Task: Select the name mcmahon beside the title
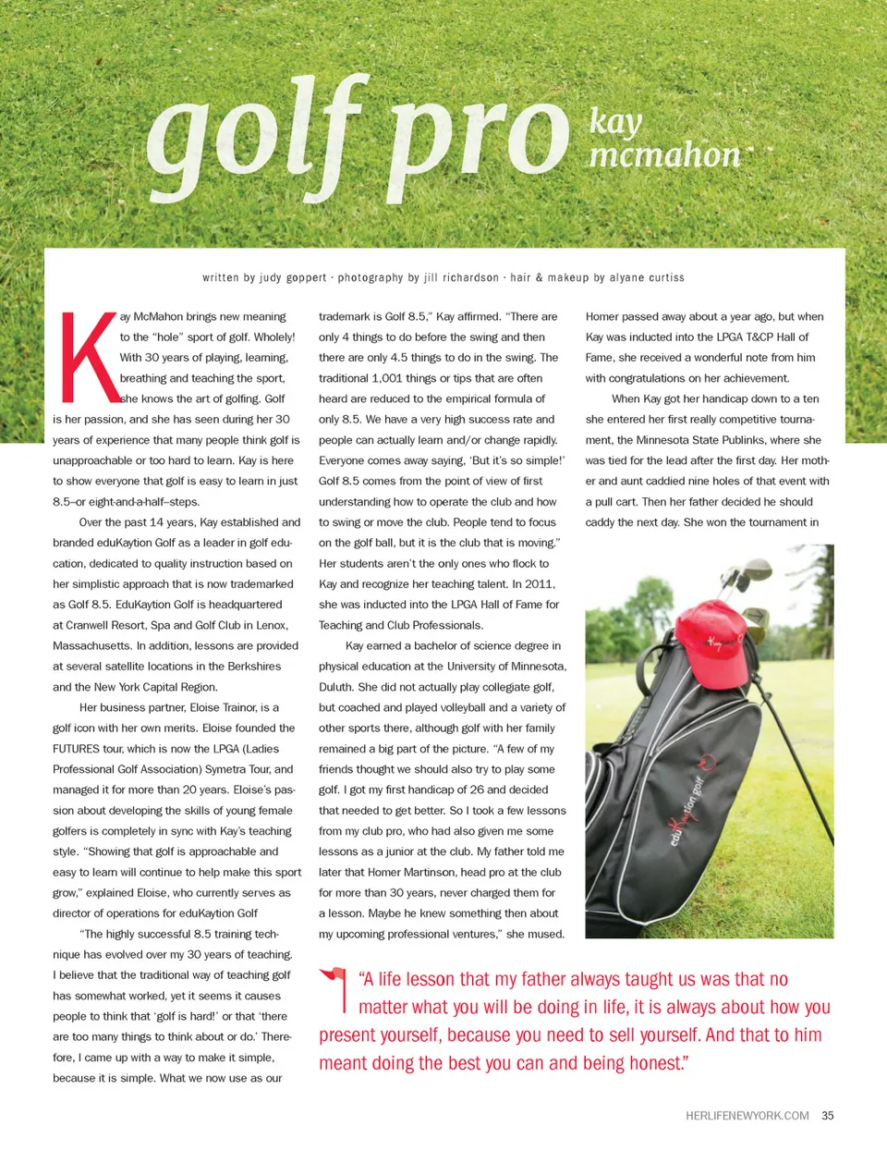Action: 664,154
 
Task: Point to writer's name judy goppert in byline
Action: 293,277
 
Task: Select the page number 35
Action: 828,1116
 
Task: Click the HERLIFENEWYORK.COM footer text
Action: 747,1116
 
